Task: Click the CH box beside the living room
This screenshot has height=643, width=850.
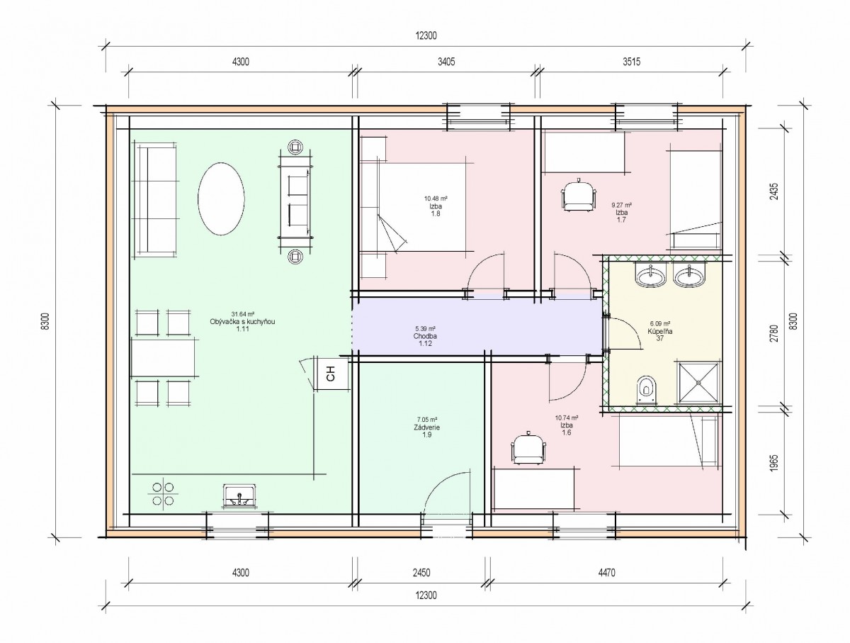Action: pos(331,373)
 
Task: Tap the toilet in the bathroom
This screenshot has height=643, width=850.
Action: pos(646,391)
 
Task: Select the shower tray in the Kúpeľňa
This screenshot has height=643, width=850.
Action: pos(698,383)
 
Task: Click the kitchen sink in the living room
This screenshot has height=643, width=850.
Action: pos(239,495)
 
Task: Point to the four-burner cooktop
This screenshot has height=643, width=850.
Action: pos(163,494)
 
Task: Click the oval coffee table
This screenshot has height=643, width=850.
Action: pos(221,199)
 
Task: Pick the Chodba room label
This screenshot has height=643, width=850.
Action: pos(425,336)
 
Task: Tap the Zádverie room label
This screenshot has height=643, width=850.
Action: pos(426,427)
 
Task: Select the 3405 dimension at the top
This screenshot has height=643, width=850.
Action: pos(446,62)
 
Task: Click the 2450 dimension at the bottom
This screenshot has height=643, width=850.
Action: pos(421,572)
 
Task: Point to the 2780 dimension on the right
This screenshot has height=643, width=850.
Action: pos(774,333)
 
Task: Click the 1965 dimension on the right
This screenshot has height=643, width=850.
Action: pos(774,463)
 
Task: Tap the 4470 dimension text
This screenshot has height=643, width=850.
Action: pos(606,572)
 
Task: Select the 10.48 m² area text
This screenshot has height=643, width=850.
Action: pos(436,199)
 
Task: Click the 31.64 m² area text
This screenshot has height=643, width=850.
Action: pos(243,314)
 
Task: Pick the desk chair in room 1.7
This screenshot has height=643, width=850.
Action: pos(578,196)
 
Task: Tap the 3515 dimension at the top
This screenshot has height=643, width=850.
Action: pos(632,62)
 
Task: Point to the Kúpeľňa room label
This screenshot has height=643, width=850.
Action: pos(660,331)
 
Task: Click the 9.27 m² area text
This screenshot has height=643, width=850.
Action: pos(621,206)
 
